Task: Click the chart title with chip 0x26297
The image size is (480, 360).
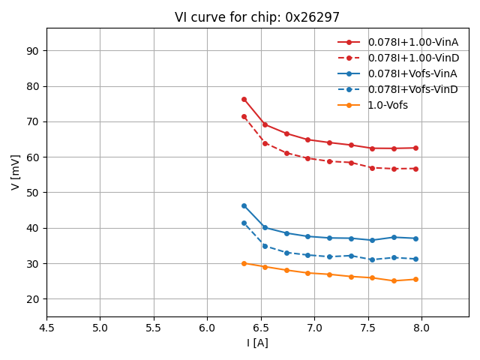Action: pos(257,17)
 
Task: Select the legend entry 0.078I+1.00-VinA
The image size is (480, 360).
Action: pos(412,42)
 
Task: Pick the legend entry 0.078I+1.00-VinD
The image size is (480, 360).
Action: pos(412,58)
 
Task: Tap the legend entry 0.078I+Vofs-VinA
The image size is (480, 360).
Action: pos(412,73)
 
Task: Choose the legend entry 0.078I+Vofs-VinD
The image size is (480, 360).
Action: pos(412,89)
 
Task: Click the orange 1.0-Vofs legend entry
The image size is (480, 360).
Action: pos(388,105)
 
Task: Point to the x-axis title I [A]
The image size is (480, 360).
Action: pos(257,343)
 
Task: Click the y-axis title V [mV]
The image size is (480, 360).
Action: pos(16,172)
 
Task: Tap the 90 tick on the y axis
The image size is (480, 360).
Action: pos(33,51)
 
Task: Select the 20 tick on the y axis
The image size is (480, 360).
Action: pos(33,299)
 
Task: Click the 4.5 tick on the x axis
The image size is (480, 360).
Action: pos(46,328)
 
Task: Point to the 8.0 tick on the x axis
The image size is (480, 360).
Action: pos(421,328)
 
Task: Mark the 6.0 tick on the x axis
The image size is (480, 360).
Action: pos(207,328)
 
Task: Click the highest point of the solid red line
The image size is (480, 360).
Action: pos(244,99)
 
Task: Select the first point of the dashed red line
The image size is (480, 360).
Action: pos(244,116)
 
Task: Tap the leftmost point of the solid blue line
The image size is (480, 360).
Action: pos(244,205)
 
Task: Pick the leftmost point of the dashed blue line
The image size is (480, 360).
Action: pos(244,223)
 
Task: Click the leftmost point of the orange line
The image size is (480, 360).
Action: pos(244,263)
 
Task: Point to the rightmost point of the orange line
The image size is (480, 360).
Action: pos(415,279)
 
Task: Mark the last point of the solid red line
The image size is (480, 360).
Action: pos(415,148)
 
